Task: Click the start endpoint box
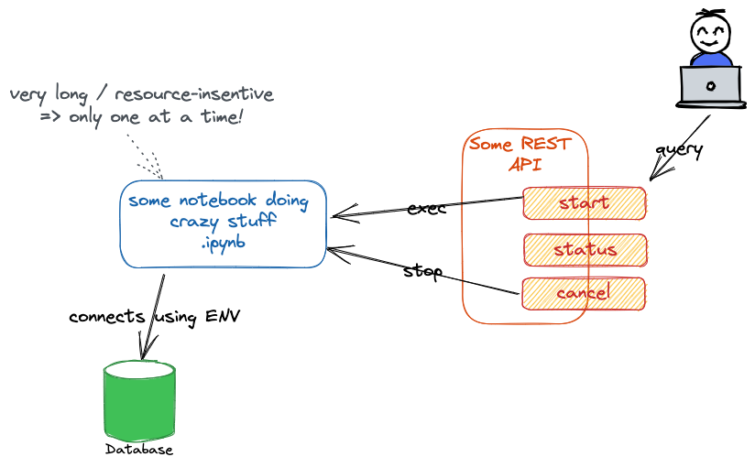pos(584,202)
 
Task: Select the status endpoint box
pos(585,250)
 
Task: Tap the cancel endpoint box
pos(583,293)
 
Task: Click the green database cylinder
pos(139,403)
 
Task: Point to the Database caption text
pos(139,450)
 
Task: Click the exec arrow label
pos(426,208)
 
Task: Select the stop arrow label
pos(423,271)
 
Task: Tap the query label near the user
pos(678,148)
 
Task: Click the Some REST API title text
pos(520,154)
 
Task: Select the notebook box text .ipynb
pos(224,244)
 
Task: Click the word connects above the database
pos(106,317)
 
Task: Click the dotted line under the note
pos(144,156)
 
